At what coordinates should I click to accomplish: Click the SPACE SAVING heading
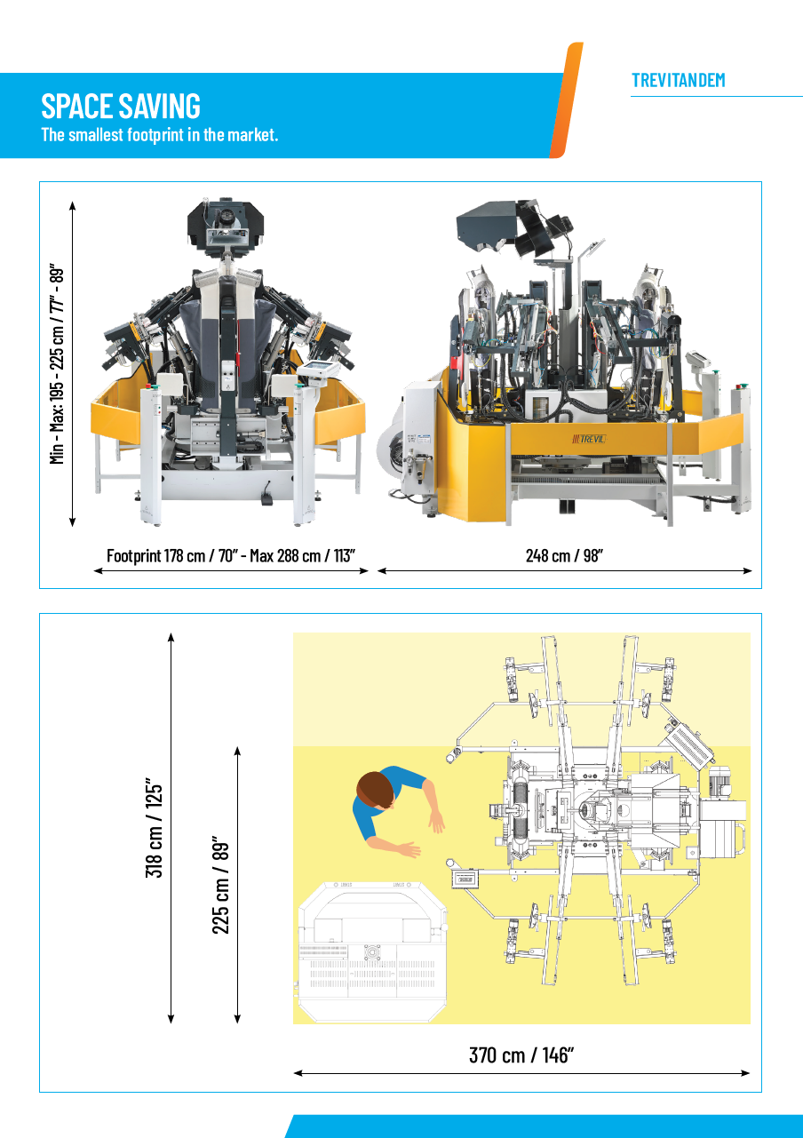(x=121, y=106)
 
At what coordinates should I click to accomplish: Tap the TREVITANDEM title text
(x=679, y=81)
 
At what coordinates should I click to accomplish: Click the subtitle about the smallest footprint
(x=160, y=135)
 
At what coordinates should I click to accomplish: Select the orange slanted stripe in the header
(x=566, y=100)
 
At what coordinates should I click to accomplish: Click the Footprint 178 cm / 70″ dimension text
(x=230, y=556)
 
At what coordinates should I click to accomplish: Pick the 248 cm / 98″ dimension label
(x=564, y=556)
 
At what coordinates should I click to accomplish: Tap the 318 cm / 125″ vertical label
(x=154, y=829)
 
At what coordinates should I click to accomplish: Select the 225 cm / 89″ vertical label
(x=221, y=884)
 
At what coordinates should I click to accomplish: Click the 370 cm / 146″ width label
(x=521, y=1055)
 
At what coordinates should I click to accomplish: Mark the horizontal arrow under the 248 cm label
(x=565, y=571)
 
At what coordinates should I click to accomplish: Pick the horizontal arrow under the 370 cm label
(x=521, y=1073)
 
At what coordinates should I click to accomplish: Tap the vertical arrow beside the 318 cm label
(x=171, y=827)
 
